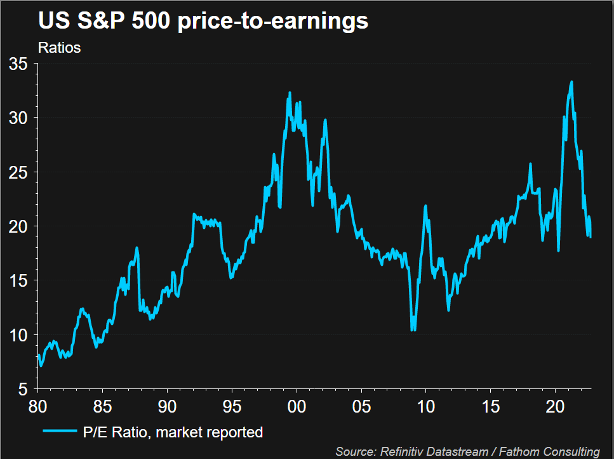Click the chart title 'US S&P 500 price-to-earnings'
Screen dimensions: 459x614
(x=203, y=20)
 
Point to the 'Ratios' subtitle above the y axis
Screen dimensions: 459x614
(x=59, y=48)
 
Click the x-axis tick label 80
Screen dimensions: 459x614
(x=37, y=405)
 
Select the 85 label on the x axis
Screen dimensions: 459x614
(x=102, y=405)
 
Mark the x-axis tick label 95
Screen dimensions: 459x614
(x=232, y=405)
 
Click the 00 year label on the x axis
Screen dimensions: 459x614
(x=297, y=405)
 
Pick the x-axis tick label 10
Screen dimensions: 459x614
(x=426, y=405)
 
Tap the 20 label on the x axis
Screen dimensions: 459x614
(x=556, y=405)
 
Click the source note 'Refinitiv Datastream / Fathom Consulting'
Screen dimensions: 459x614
(x=467, y=451)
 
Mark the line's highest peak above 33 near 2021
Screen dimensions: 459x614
(x=571, y=81)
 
